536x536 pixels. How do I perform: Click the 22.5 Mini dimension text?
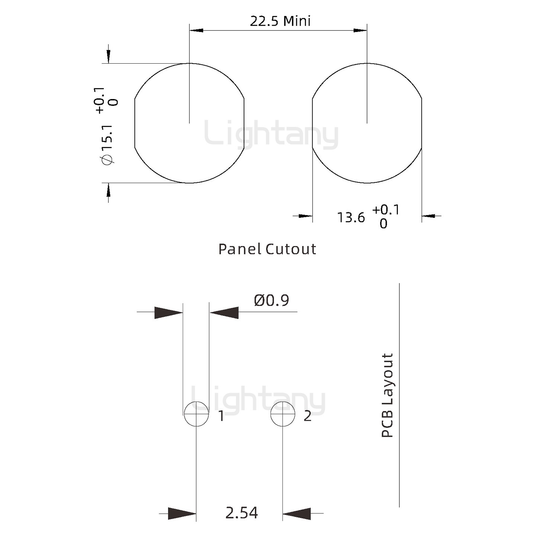(280, 21)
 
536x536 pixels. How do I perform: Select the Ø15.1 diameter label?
(108, 145)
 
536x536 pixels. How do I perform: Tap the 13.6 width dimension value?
(351, 217)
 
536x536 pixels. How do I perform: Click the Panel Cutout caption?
(267, 249)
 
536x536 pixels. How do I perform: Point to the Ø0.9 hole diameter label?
(271, 300)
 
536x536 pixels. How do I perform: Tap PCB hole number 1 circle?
(197, 414)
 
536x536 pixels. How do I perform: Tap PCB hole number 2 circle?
(283, 414)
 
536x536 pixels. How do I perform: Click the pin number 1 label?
(221, 417)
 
